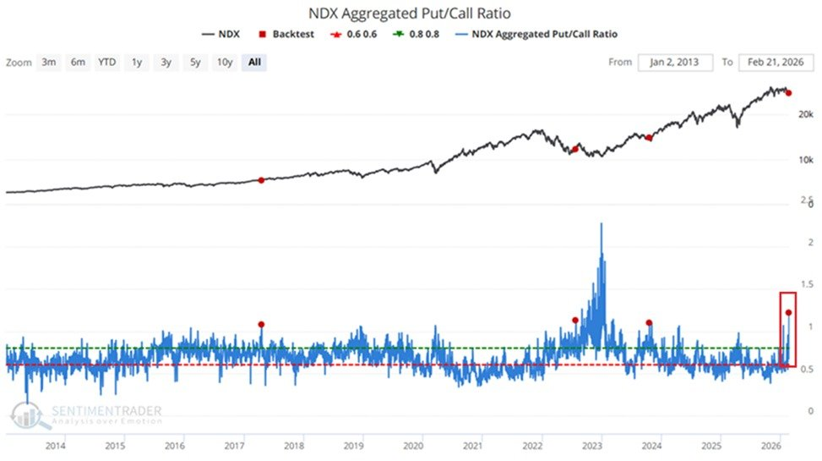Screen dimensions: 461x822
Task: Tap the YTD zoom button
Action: coord(106,63)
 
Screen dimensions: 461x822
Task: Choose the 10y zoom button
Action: coord(224,63)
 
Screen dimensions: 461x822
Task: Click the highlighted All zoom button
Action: coord(253,63)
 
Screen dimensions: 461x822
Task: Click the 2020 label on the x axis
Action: coord(413,445)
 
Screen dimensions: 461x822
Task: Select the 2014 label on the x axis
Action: coord(56,445)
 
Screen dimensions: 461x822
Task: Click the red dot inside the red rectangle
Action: coord(788,312)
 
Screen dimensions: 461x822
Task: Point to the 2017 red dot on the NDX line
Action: coord(261,180)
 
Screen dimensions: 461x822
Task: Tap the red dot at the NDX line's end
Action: coord(788,93)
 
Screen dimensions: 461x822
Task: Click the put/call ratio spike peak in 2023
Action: coord(601,223)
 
